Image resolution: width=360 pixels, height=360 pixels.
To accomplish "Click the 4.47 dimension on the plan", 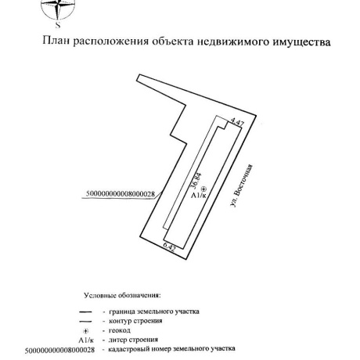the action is [x=238, y=124].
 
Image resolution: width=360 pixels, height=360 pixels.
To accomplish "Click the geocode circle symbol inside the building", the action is [x=203, y=189].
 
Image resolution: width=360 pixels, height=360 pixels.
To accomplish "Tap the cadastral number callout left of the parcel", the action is [x=119, y=193].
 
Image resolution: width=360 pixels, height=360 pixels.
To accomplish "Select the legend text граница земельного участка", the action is [x=156, y=311].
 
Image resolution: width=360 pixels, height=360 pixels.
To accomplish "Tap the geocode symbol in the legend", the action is [x=85, y=331].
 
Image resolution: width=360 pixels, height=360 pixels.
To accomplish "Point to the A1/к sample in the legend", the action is [x=86, y=340].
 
